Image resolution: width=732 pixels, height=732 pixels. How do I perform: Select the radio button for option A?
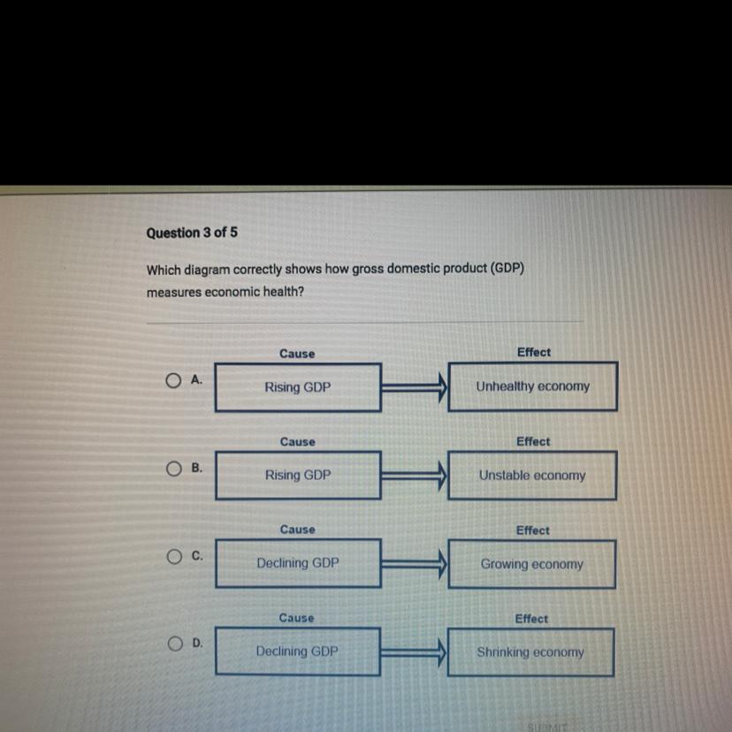pos(173,381)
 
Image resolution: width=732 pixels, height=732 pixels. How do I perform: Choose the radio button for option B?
pos(173,469)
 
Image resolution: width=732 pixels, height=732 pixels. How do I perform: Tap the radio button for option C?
pos(173,557)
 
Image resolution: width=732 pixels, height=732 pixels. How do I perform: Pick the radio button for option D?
pos(173,644)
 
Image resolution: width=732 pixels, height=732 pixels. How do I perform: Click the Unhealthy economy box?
pos(532,386)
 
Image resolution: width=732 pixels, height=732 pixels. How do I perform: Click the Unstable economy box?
pos(532,475)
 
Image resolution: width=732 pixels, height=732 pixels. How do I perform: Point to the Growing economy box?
pos(531,563)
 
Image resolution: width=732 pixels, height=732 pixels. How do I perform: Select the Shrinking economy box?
pos(530,652)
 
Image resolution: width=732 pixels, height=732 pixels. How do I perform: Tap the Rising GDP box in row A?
pos(298,387)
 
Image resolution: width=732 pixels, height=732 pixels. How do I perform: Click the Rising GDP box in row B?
pos(298,475)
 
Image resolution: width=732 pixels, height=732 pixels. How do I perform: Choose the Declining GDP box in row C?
pos(298,562)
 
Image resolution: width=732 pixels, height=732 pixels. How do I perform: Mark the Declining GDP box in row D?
pos(298,651)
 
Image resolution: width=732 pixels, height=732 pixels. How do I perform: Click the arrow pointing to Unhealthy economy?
pos(415,386)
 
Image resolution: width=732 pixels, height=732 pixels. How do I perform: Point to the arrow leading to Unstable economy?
pos(415,475)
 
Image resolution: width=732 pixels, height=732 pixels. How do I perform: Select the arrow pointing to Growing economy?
pos(415,563)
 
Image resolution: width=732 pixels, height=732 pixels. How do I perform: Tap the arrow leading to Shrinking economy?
pos(415,652)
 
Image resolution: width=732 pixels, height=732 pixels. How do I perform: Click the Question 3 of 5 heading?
pos(192,233)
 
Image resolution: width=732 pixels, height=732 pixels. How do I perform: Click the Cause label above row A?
pos(297,354)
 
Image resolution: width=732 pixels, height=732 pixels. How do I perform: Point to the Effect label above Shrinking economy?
pos(531,619)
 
